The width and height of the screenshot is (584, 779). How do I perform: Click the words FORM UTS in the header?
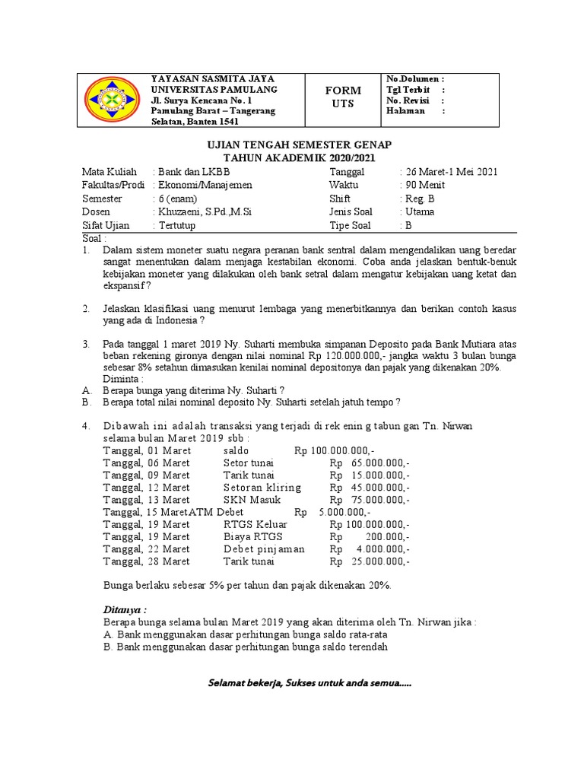(343, 97)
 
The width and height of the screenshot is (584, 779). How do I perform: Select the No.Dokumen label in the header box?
(415, 79)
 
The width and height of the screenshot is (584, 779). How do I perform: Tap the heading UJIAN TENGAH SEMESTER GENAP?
(289, 145)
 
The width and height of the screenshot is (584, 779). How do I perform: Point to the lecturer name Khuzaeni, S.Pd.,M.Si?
(203, 211)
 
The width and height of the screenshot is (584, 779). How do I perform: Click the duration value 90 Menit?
(423, 185)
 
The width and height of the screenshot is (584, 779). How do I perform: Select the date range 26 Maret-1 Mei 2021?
(449, 171)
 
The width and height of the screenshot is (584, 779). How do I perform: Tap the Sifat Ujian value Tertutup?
(177, 226)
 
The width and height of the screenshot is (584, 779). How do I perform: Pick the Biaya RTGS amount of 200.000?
(370, 536)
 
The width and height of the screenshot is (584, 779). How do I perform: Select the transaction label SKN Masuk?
(252, 500)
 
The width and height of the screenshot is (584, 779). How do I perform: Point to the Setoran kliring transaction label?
(262, 487)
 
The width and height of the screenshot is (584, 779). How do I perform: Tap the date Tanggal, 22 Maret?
(146, 548)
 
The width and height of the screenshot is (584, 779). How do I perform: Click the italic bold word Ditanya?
(124, 609)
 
